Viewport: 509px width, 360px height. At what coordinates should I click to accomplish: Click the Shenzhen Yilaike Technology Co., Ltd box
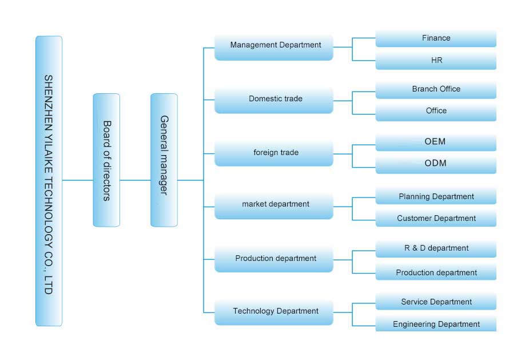click(49, 181)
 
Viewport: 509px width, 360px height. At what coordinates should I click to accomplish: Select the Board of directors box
click(106, 160)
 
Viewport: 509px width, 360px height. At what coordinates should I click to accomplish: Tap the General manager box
click(164, 160)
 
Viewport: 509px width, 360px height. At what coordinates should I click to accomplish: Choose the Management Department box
click(274, 46)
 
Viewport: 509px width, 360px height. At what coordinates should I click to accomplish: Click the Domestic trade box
click(274, 100)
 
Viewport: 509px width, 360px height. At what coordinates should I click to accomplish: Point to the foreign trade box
click(274, 153)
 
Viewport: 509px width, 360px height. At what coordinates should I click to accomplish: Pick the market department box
click(274, 205)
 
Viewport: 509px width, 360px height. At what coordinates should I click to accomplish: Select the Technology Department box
click(274, 312)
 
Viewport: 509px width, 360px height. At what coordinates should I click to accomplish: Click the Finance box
click(436, 38)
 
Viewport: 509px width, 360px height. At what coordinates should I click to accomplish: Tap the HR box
click(436, 60)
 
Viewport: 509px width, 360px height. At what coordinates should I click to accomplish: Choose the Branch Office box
click(436, 89)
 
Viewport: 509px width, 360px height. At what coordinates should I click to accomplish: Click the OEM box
click(436, 142)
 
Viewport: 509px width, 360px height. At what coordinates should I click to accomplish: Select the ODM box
click(436, 164)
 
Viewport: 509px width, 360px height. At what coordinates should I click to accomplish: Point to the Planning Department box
click(436, 197)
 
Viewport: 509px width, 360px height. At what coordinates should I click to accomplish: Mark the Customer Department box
click(436, 219)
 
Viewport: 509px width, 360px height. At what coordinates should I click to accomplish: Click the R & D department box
click(436, 248)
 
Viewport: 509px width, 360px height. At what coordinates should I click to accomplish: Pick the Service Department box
click(436, 302)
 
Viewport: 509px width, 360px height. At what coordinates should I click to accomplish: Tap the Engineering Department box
click(436, 325)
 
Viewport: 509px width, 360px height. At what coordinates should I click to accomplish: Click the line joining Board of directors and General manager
click(136, 180)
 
